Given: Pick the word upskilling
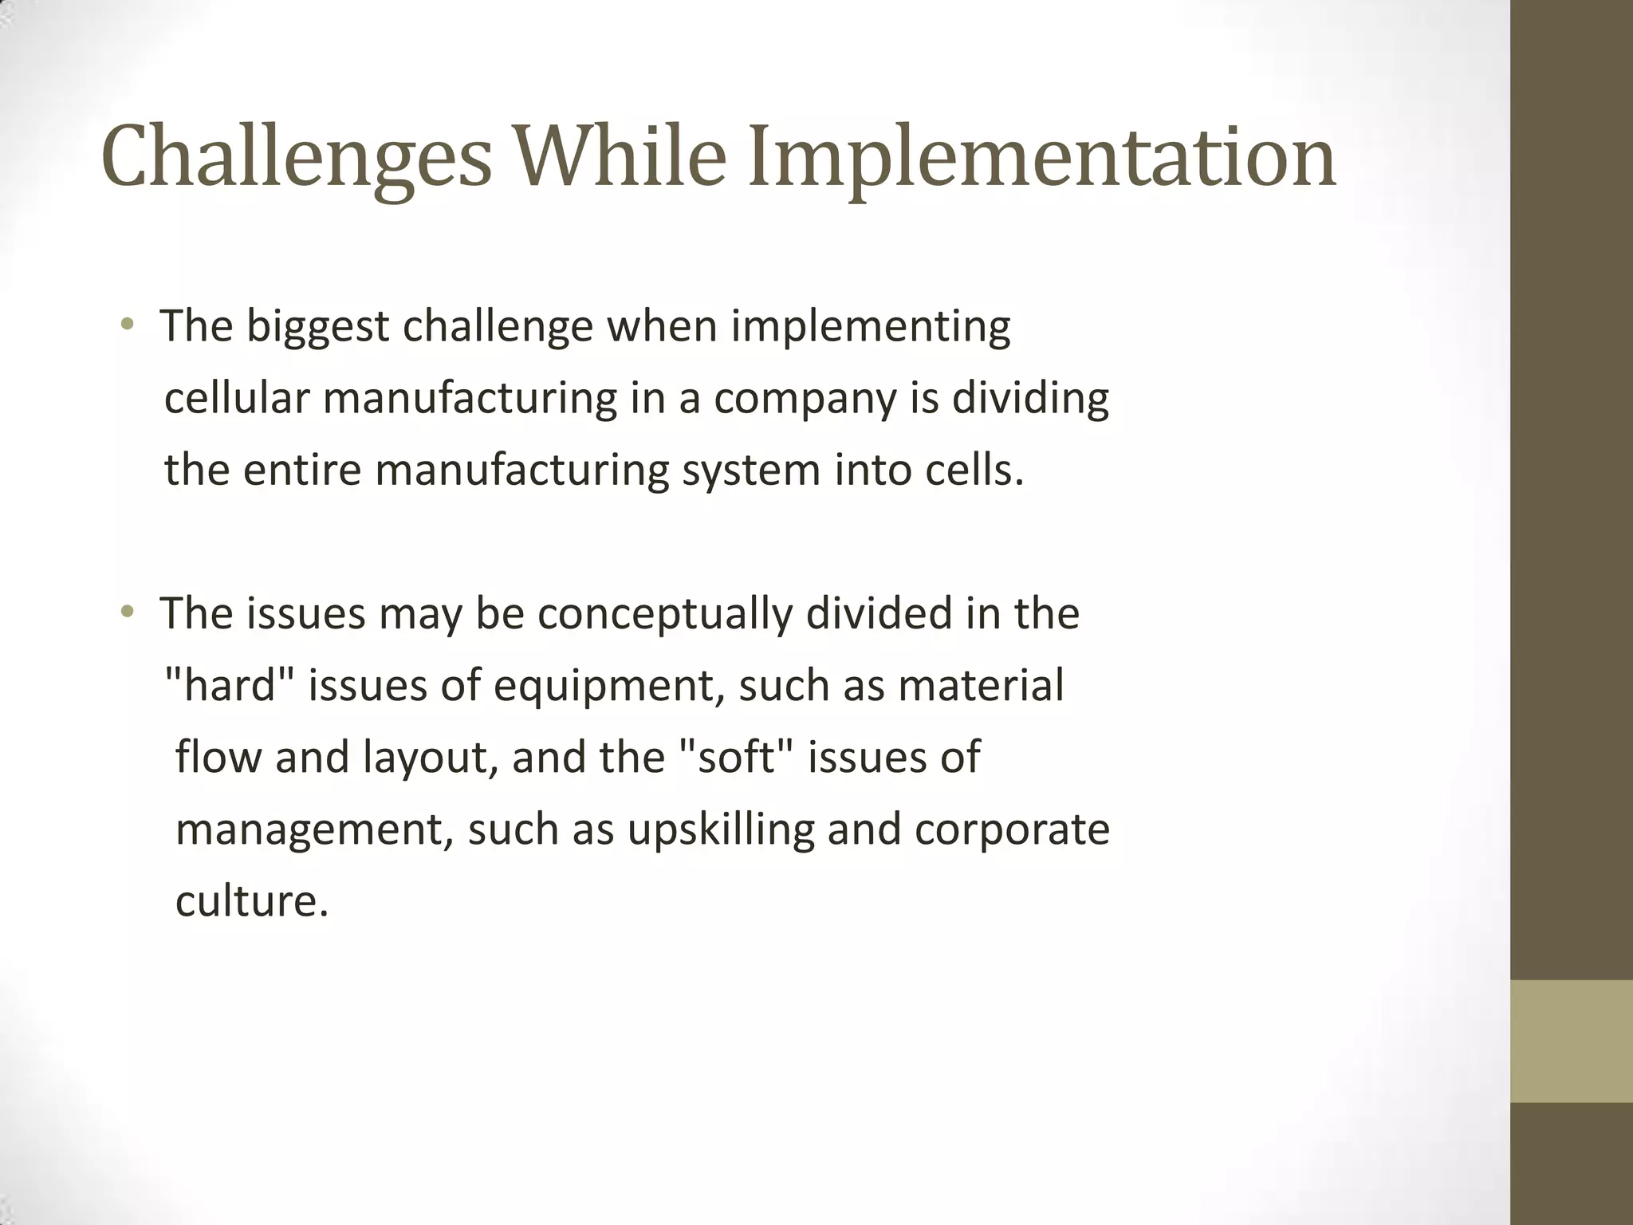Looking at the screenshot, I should [x=721, y=830].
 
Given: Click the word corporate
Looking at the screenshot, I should [x=1012, y=830].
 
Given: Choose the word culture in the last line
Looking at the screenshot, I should [x=251, y=901].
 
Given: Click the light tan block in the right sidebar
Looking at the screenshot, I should [x=1572, y=1041].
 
